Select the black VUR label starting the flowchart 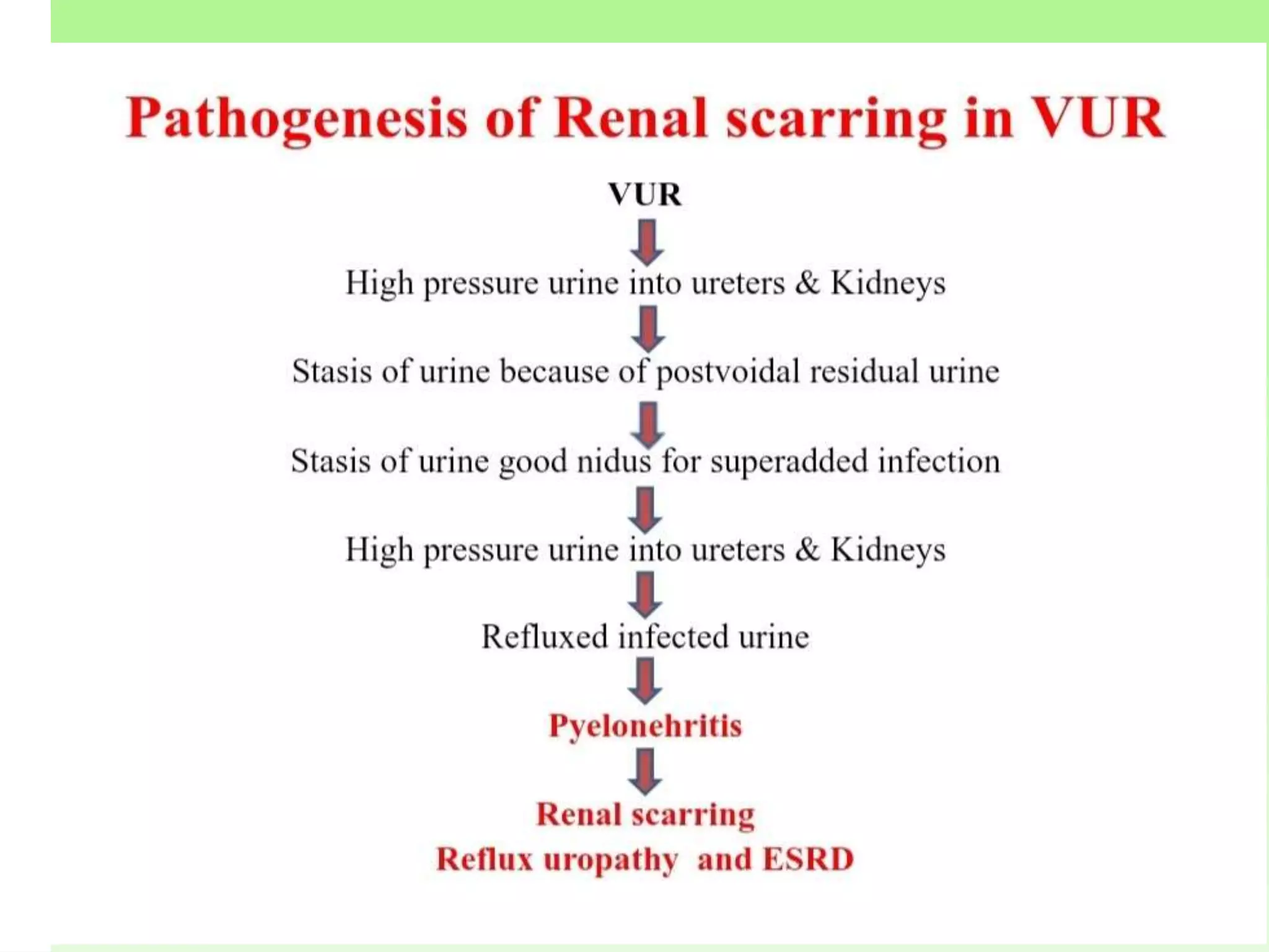[645, 195]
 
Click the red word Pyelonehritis [645, 726]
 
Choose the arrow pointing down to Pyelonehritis [646, 681]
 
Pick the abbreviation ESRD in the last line [808, 860]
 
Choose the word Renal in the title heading [631, 118]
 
